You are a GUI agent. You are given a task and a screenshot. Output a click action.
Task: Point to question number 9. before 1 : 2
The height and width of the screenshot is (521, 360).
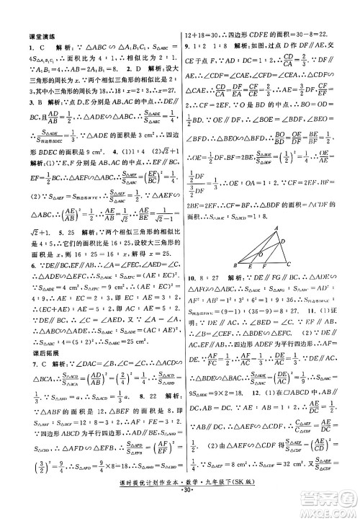[x=189, y=48]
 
